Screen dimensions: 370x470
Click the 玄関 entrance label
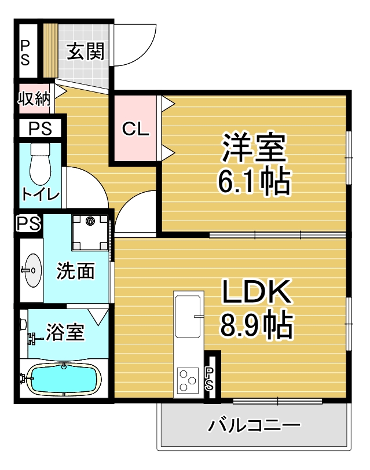(86, 51)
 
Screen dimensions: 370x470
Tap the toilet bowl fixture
(40, 164)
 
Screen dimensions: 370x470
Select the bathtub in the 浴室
(64, 379)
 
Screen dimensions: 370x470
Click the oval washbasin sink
(32, 270)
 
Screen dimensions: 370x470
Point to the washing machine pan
(90, 233)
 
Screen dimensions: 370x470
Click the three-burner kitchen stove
(188, 380)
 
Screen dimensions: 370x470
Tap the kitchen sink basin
(188, 317)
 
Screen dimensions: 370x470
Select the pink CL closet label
(135, 129)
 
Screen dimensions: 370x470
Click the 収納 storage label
(34, 98)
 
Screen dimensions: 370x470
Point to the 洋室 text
(254, 147)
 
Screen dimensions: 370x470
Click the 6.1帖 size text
(254, 182)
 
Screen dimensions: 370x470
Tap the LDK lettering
(257, 291)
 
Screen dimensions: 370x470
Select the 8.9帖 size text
(257, 325)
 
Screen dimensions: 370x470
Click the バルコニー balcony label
(254, 425)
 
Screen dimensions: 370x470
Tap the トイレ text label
(41, 194)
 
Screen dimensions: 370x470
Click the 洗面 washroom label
(75, 271)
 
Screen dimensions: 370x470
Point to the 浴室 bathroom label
(65, 332)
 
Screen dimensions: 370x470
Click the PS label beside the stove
(209, 379)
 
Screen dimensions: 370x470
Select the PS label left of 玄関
(25, 53)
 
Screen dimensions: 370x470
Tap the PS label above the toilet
(40, 129)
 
